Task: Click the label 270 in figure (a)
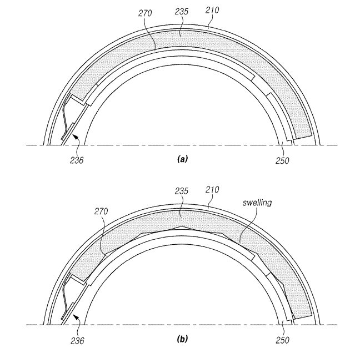point(145,13)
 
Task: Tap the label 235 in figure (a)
point(182,11)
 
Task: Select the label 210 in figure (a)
point(212,10)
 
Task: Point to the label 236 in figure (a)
point(77,160)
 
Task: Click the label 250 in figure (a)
point(282,160)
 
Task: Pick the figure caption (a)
point(182,159)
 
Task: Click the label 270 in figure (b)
point(101,211)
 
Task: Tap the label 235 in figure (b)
point(182,191)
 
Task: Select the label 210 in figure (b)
point(212,190)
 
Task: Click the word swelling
point(257,203)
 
